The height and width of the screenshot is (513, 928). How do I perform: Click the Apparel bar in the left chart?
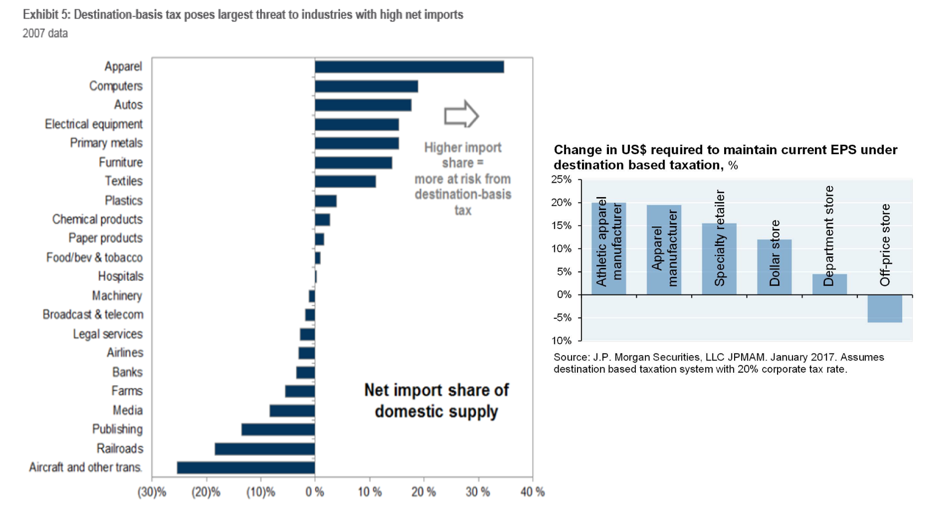tap(409, 67)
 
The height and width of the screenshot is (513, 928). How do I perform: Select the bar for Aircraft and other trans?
tap(246, 468)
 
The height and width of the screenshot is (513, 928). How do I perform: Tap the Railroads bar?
tap(265, 449)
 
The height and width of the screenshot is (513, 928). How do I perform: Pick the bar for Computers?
tap(366, 86)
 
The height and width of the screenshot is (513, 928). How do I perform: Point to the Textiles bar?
tap(345, 181)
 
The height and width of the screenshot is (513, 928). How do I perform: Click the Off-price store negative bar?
tap(884, 308)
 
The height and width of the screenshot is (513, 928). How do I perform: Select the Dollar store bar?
tap(774, 267)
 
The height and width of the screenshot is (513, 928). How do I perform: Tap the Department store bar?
tap(829, 284)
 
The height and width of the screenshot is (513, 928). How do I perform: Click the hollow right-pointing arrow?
tap(461, 116)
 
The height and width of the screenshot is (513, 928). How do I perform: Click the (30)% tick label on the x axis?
tap(152, 492)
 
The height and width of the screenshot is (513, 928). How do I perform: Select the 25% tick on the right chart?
tap(562, 179)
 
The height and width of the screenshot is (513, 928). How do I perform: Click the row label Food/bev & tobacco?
tap(94, 258)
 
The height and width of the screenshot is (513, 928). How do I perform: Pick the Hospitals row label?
tap(120, 276)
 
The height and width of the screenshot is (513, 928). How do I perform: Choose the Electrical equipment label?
tap(94, 124)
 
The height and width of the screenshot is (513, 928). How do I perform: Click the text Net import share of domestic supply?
tap(436, 401)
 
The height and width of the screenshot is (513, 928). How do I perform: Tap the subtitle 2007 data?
tap(45, 34)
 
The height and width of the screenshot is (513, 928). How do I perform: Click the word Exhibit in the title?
tap(40, 14)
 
